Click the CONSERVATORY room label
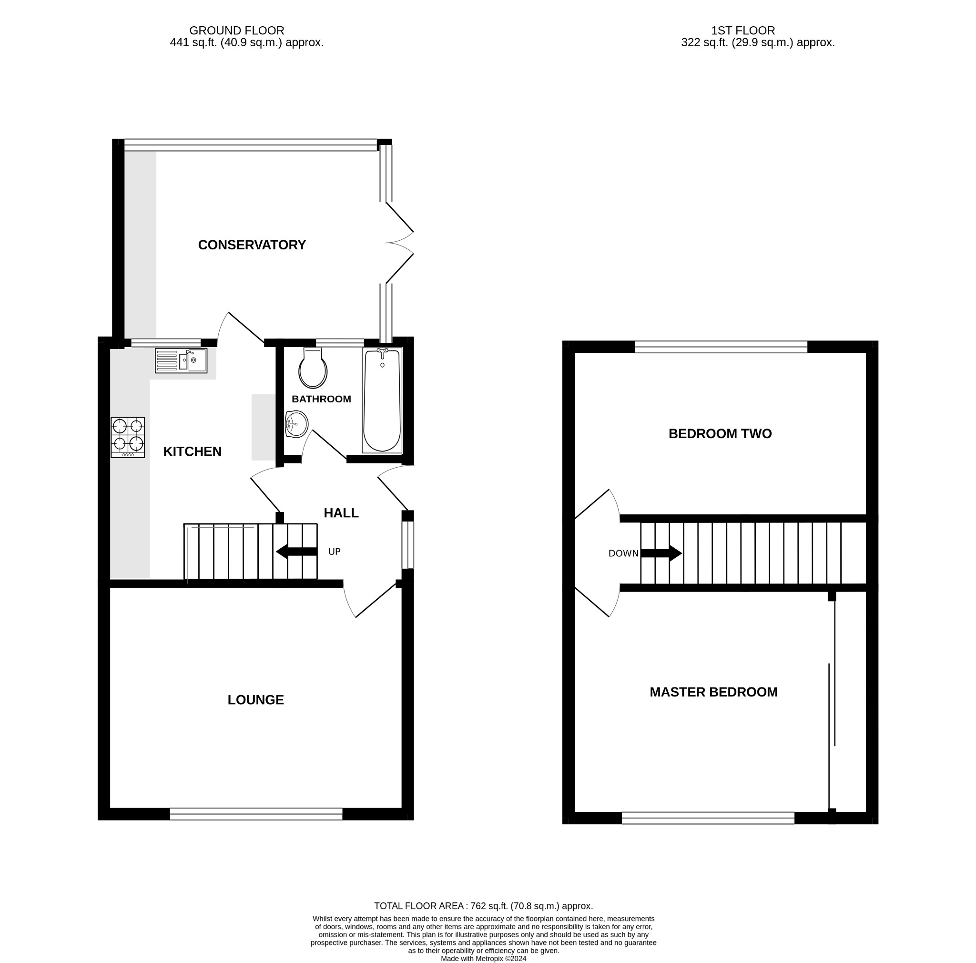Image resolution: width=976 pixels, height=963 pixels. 252,245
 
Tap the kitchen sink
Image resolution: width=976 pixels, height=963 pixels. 181,361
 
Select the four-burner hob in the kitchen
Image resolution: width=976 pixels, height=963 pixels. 128,437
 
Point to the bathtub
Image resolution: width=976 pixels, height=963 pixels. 382,400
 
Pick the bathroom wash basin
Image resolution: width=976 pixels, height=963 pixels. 296,423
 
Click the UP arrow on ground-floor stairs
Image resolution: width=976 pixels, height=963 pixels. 296,552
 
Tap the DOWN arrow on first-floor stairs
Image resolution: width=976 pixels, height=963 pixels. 661,553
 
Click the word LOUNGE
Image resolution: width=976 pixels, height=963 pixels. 255,700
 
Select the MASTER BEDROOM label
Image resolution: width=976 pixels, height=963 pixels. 713,692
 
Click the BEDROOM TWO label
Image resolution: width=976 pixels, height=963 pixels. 720,433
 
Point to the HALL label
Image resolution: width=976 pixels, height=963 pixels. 341,513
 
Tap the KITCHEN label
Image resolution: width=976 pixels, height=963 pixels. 192,451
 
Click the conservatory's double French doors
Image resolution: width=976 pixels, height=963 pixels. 399,243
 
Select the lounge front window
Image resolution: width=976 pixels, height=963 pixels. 255,813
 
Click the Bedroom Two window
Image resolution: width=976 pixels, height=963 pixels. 721,347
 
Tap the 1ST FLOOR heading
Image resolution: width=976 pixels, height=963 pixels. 742,31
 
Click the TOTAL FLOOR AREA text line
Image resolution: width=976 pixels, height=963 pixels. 483,906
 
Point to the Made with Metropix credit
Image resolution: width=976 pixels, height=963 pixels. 483,958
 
